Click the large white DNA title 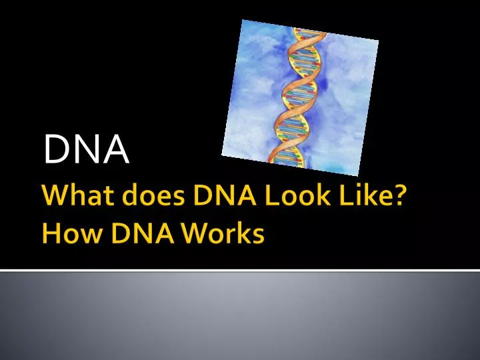click(86, 149)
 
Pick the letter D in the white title click(57, 149)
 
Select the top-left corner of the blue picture click(241, 20)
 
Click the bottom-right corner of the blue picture click(359, 175)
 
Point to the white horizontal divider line click(240, 271)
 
